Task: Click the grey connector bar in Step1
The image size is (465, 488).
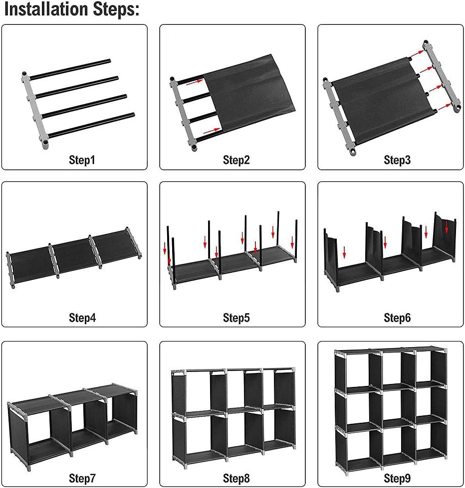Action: (35, 110)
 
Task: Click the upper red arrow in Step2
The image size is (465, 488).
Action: (195, 84)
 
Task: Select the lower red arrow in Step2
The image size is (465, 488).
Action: (212, 129)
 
